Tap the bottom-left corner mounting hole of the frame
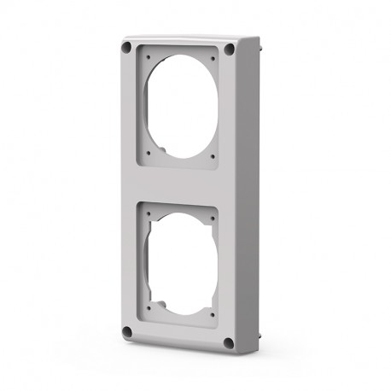click(x=127, y=330)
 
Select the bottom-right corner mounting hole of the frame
click(x=228, y=344)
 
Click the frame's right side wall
click(x=248, y=196)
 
